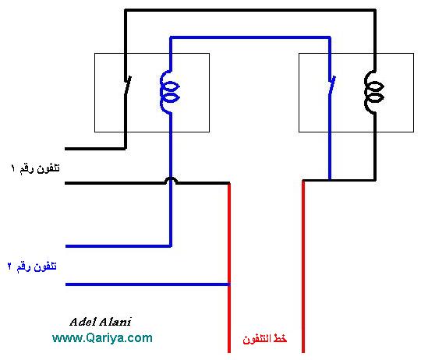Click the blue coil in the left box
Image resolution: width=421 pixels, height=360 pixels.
(169, 92)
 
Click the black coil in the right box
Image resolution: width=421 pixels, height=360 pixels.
(374, 92)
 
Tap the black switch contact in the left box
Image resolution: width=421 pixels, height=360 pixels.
(127, 85)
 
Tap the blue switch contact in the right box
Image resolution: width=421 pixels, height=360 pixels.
(332, 85)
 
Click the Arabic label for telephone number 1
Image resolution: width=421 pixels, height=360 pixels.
(35, 168)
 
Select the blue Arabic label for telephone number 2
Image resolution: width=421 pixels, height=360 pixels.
(32, 266)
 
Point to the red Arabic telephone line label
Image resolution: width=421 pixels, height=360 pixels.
(265, 339)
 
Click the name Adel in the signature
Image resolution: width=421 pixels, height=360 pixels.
(82, 322)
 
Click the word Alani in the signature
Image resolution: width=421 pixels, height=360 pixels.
(115, 322)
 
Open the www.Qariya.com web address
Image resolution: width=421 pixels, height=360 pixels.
(102, 337)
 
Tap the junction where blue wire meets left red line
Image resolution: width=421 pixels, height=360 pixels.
(229, 284)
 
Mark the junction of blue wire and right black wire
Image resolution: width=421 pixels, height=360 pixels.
(330, 180)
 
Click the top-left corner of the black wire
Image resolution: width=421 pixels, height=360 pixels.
(126, 10)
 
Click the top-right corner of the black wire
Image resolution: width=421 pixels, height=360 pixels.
(375, 10)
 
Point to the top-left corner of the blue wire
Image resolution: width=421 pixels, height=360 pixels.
(171, 37)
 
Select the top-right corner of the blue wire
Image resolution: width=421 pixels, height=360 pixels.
(330, 37)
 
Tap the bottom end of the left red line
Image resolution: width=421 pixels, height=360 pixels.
(229, 352)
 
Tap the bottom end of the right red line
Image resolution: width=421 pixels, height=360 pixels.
(303, 352)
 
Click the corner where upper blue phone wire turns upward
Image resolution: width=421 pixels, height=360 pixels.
(171, 245)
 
